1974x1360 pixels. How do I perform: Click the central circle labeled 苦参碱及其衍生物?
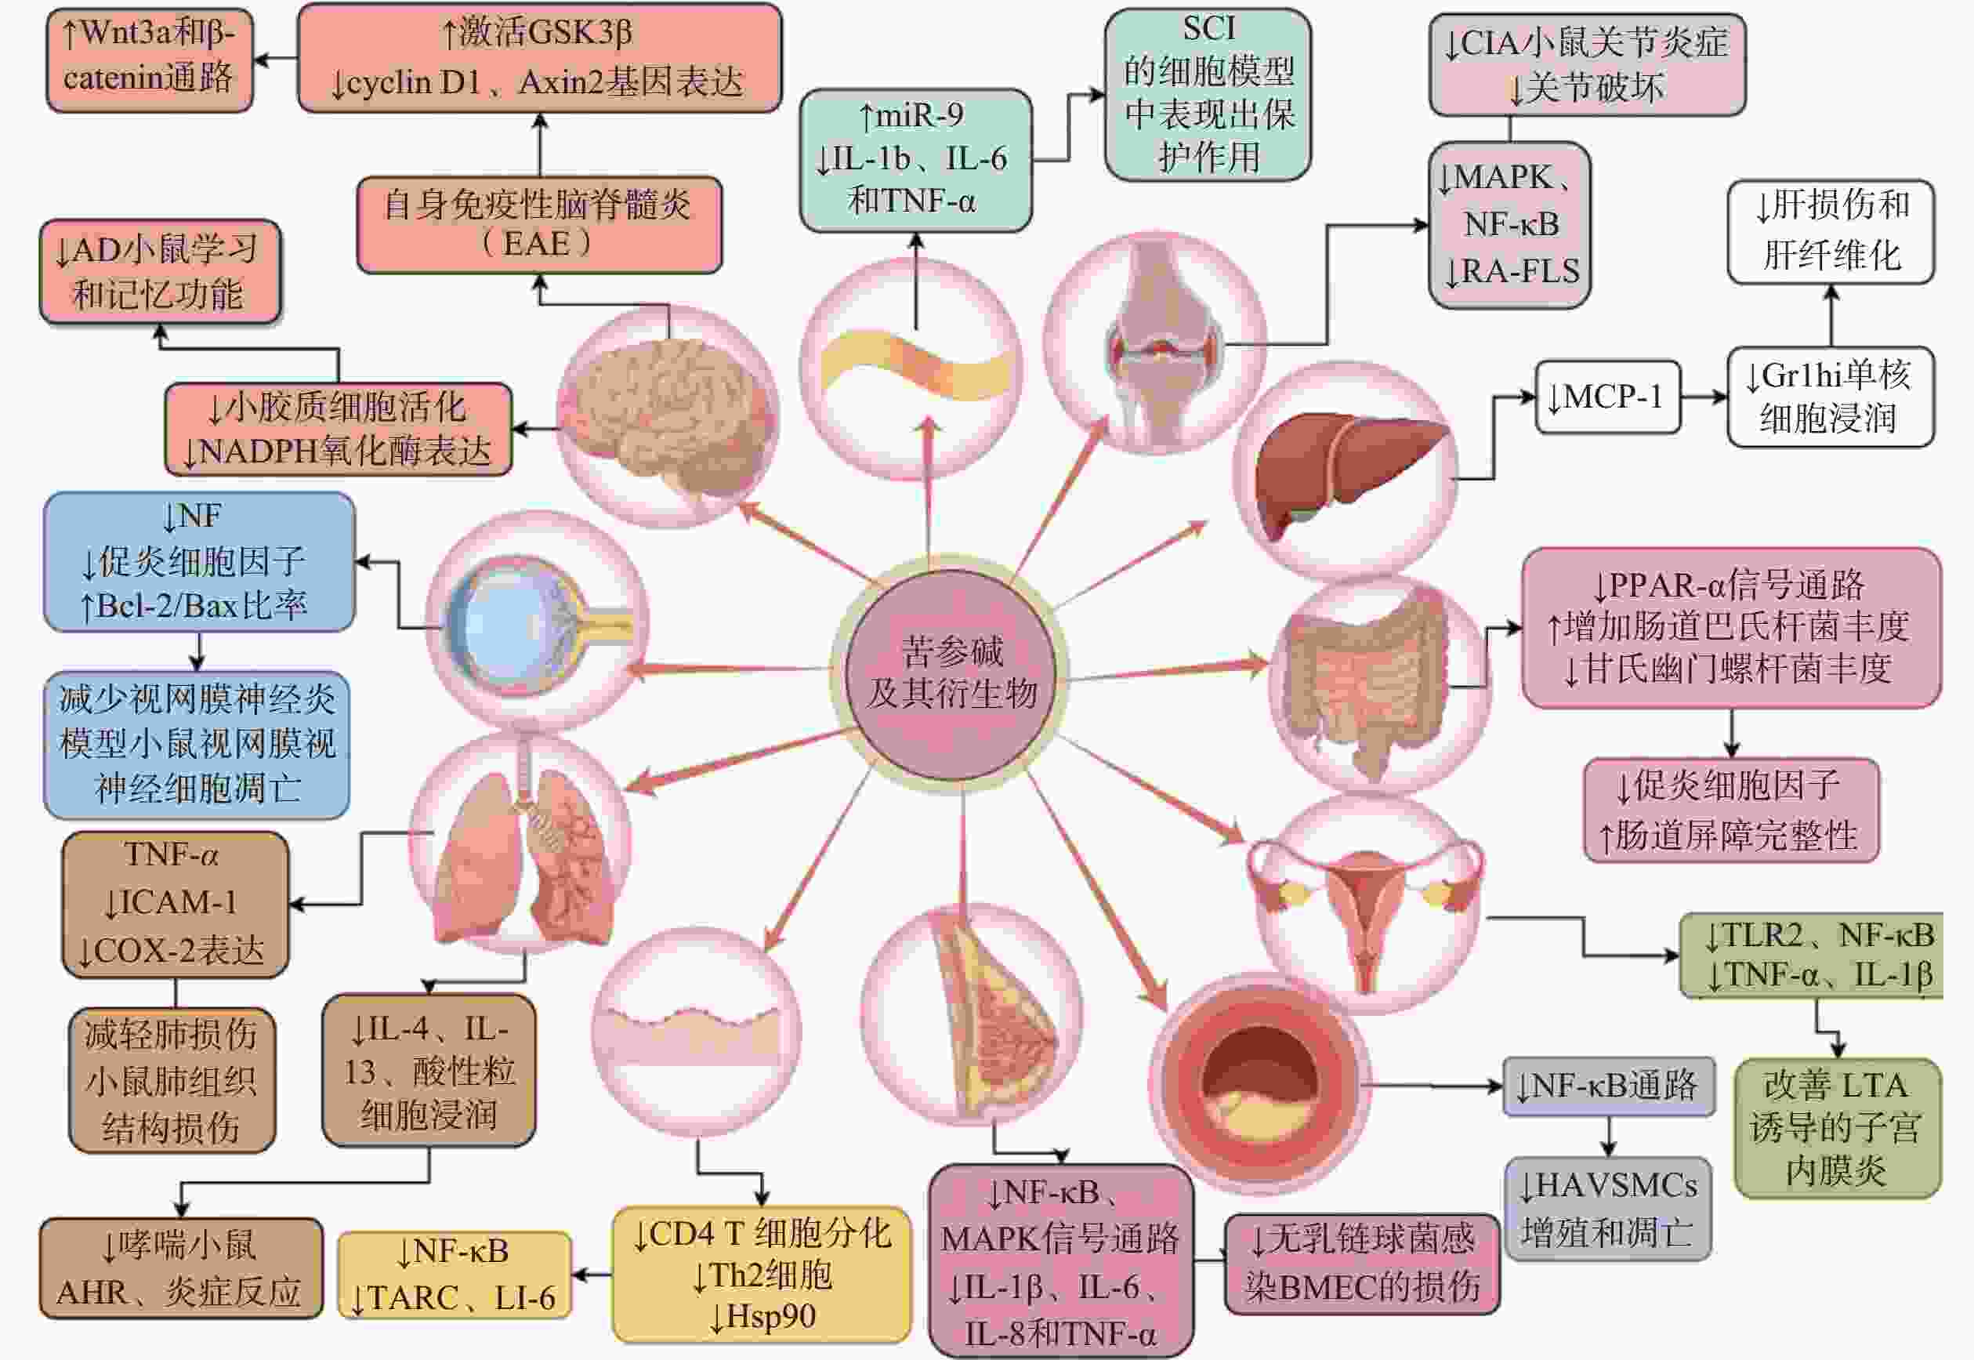(951, 673)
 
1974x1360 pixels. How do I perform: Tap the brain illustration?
(668, 418)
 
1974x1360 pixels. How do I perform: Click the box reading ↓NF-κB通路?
(1608, 1086)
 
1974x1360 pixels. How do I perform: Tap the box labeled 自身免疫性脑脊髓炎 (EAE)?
(538, 224)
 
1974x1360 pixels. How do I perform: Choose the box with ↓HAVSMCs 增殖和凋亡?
(1608, 1208)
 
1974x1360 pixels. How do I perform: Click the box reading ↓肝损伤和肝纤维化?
(1831, 230)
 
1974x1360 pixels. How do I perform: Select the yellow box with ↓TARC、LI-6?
(453, 1275)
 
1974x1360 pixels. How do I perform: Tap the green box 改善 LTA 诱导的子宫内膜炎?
(1837, 1127)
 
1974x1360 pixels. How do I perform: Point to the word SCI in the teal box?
(1208, 28)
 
